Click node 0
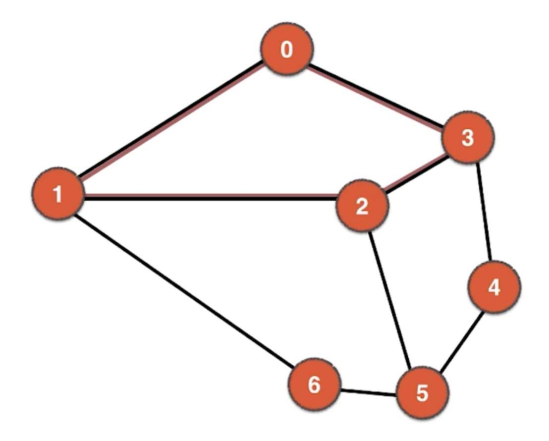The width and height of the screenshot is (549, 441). pos(287,50)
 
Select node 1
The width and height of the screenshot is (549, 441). pos(58,194)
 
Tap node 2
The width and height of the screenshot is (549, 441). pos(362,206)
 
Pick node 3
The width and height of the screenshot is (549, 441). pos(468,138)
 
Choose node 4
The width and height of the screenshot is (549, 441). pos(494,287)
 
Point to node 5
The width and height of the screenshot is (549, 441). pos(422,393)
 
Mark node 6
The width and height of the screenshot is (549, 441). pos(315,385)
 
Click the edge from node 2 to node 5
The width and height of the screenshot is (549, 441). pos(391,300)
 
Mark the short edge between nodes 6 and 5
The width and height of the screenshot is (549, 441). pos(368,391)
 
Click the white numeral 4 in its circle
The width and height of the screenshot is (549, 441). pos(494,287)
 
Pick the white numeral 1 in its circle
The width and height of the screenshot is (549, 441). pos(58,194)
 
